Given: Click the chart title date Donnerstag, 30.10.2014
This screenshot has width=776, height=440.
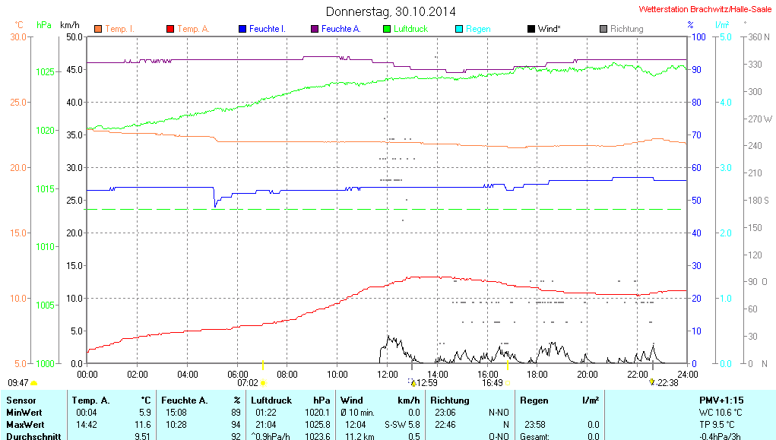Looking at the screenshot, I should point(391,11).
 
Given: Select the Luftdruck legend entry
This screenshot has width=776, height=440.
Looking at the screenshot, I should point(410,29).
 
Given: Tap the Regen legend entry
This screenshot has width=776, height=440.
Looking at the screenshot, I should point(478,29).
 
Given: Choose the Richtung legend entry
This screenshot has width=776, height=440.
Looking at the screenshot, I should point(626,29).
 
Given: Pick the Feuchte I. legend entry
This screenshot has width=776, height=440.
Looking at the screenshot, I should point(267,29).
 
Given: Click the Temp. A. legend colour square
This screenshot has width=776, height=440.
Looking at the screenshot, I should point(169,29).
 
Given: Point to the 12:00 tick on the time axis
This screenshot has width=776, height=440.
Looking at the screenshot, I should point(388,374).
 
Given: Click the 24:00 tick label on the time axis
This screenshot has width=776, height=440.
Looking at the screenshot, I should point(687,374).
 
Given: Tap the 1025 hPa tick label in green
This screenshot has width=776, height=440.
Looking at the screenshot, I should point(46,71).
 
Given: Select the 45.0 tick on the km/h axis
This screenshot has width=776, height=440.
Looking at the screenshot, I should point(74,69).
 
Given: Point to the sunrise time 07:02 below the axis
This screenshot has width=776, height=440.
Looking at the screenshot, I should point(248,383).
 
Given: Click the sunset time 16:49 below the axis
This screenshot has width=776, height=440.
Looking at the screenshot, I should point(493,383).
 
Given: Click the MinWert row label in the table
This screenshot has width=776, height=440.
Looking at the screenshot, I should point(24,412).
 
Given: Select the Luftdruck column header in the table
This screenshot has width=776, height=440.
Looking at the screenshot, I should point(270,400).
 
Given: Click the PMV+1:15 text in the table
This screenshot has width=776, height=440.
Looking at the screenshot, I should point(721,400).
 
